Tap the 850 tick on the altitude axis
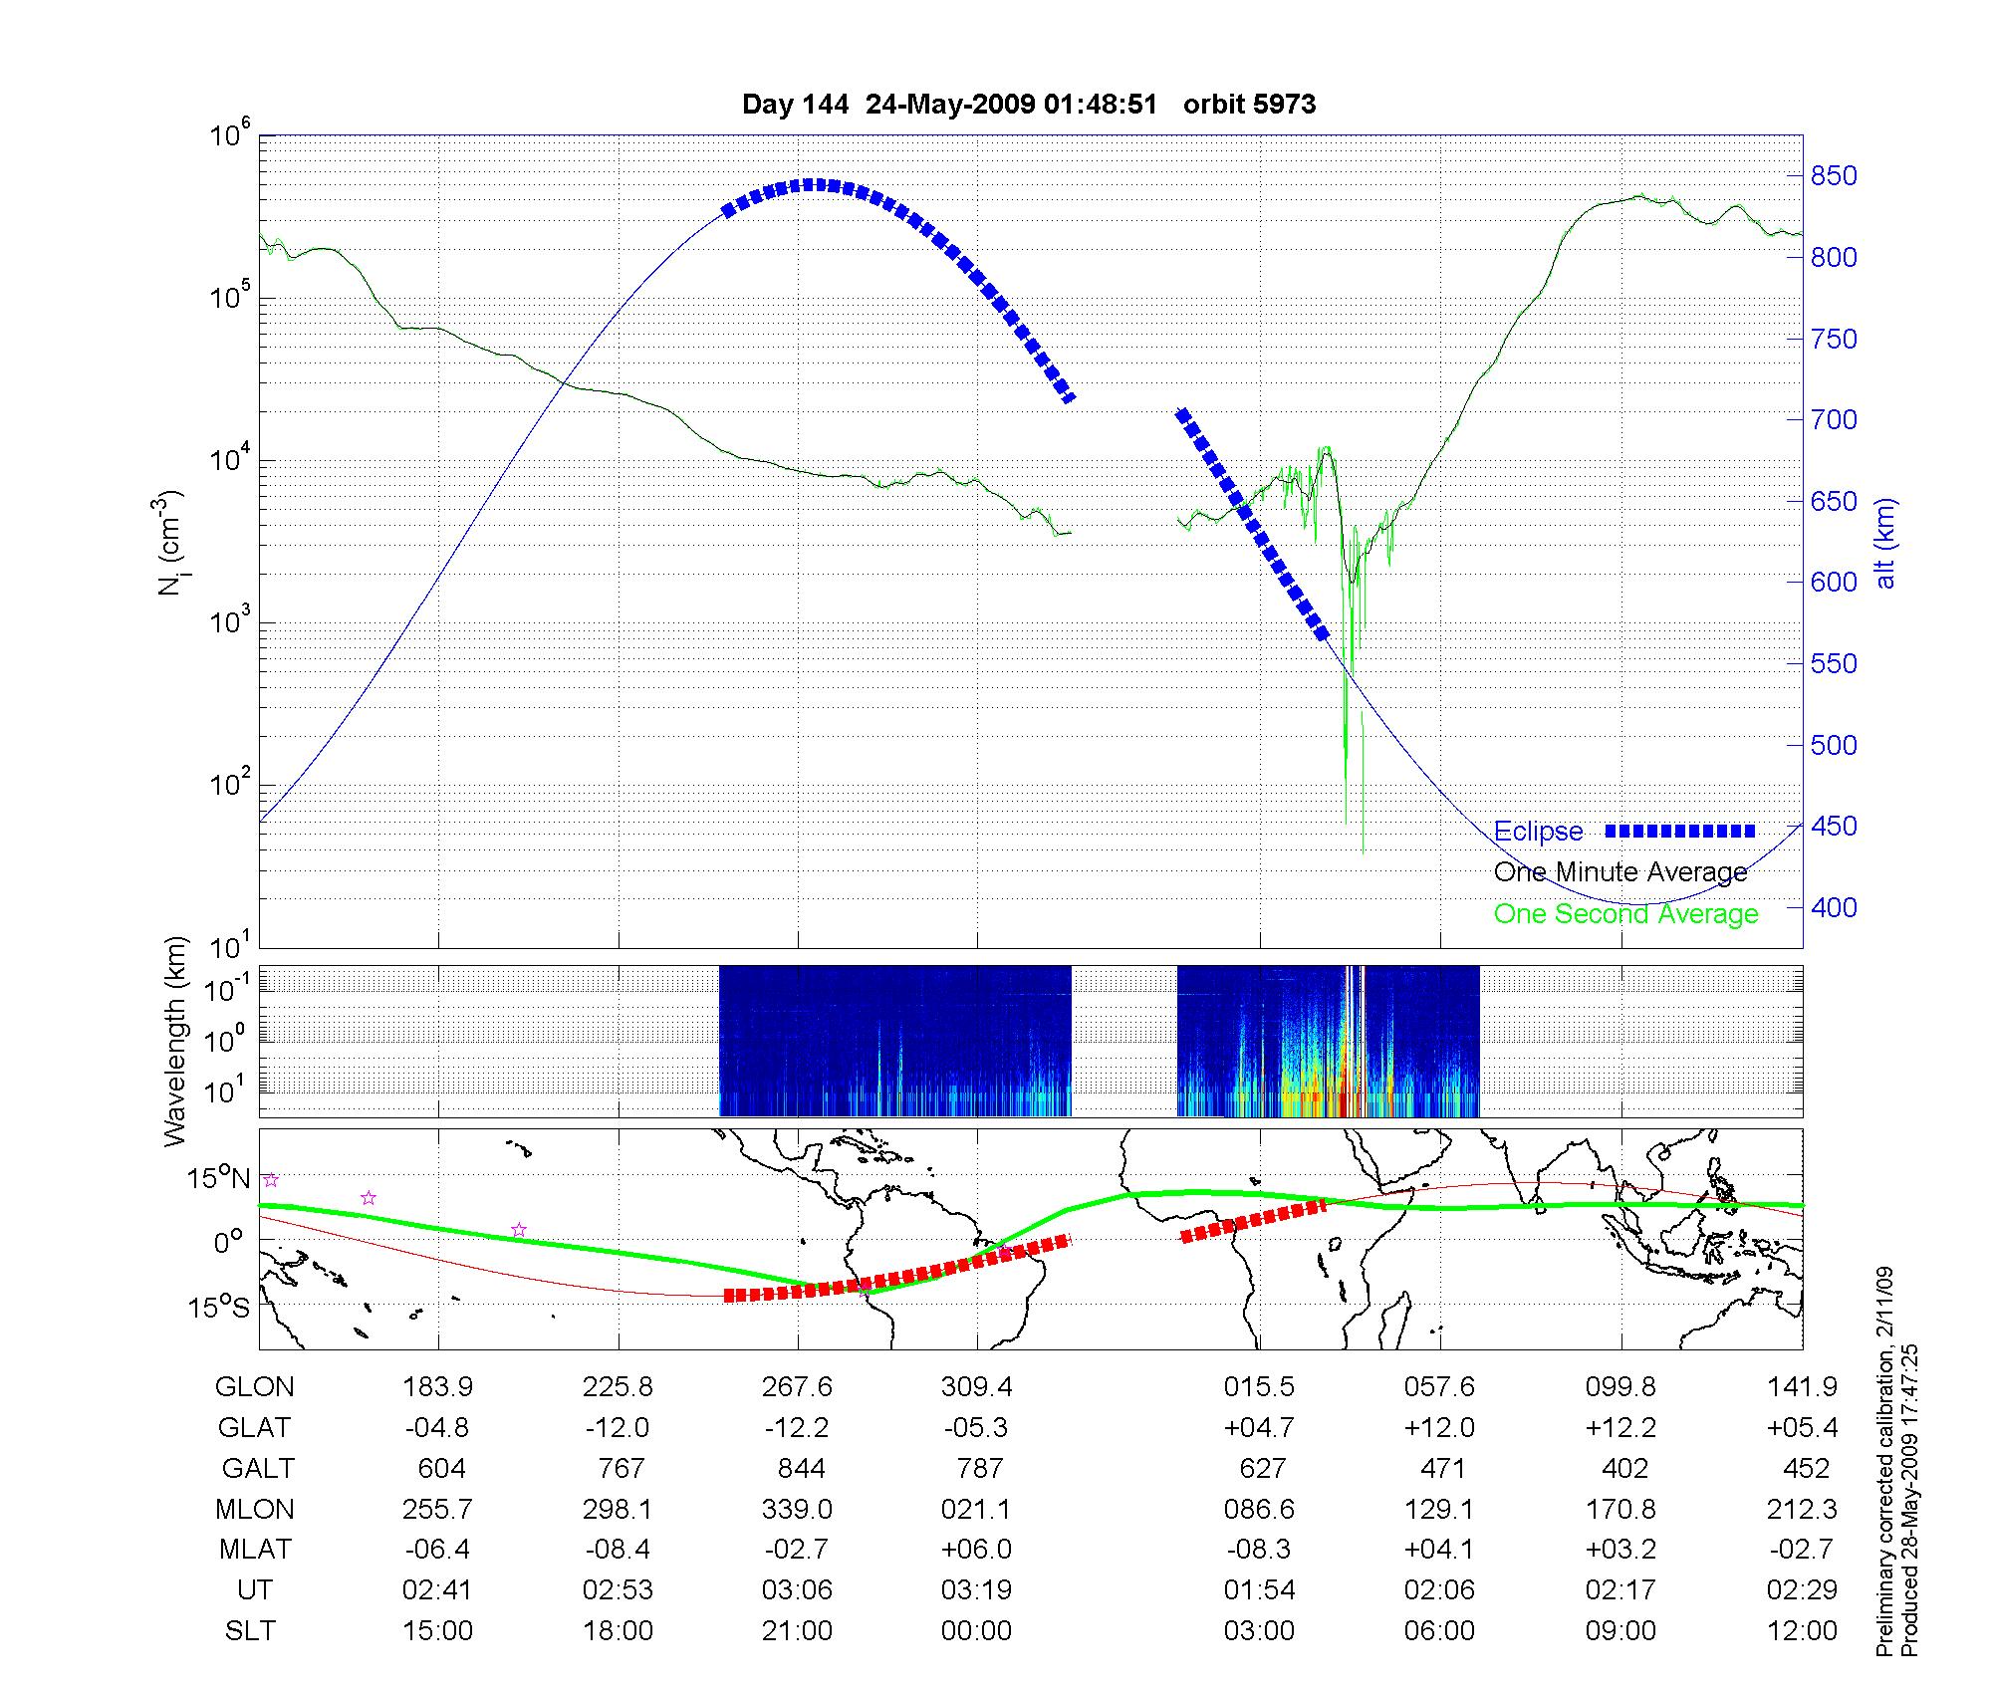(x=1833, y=176)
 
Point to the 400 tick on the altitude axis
(x=1833, y=907)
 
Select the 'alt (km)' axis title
(x=1885, y=543)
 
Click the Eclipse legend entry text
(x=1538, y=832)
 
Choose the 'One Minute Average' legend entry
(x=1620, y=872)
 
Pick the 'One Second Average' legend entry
(x=1625, y=914)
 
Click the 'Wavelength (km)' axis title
(x=175, y=1041)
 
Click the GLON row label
(x=255, y=1386)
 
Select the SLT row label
(x=250, y=1631)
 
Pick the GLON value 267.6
(x=797, y=1386)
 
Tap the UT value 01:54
(x=1260, y=1590)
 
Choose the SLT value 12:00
(x=1802, y=1631)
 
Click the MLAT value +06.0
(x=977, y=1550)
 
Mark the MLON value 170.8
(x=1620, y=1509)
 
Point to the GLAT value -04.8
(x=437, y=1427)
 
